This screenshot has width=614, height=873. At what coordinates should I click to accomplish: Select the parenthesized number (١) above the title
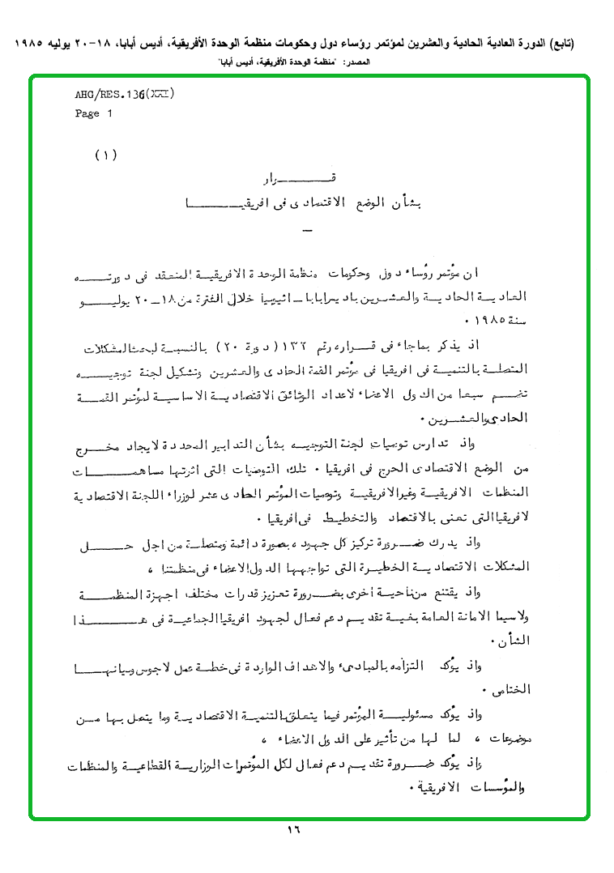(x=106, y=155)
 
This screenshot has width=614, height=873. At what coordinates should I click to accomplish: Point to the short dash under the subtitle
(x=305, y=233)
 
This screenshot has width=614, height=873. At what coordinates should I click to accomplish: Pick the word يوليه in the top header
(x=68, y=42)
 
